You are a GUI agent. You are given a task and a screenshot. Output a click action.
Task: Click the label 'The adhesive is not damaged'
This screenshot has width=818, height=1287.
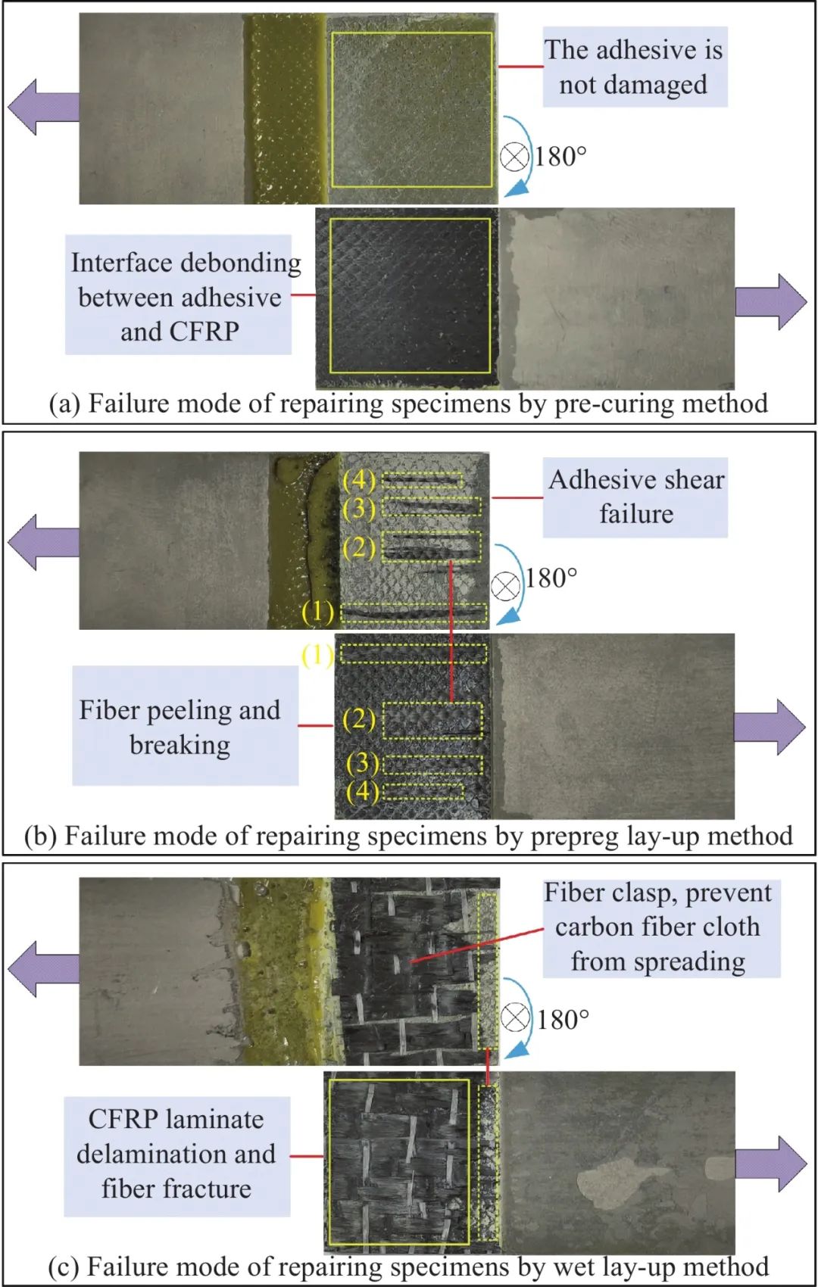pyautogui.click(x=635, y=67)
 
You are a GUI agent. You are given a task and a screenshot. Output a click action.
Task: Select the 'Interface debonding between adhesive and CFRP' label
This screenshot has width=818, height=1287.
pyautogui.click(x=179, y=295)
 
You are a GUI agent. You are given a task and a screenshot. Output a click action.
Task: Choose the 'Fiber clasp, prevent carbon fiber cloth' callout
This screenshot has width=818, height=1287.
pyautogui.click(x=657, y=927)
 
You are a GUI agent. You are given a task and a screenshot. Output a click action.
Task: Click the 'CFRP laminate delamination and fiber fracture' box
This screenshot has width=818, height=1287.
pyautogui.click(x=176, y=1155)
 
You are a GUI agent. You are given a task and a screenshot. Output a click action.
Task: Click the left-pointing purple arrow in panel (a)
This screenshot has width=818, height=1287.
pyautogui.click(x=44, y=108)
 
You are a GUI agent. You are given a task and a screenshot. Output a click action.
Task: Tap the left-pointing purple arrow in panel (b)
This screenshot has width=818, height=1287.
pyautogui.click(x=44, y=541)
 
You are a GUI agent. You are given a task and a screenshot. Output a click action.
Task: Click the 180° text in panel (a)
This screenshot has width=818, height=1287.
pyautogui.click(x=561, y=157)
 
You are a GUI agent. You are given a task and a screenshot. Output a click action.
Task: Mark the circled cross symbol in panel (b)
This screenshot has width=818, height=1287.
pyautogui.click(x=506, y=585)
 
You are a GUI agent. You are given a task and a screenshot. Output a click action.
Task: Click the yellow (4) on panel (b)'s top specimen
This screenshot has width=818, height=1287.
pyautogui.click(x=359, y=480)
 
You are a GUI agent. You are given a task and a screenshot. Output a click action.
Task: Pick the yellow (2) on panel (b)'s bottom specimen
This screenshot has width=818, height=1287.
pyautogui.click(x=359, y=719)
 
